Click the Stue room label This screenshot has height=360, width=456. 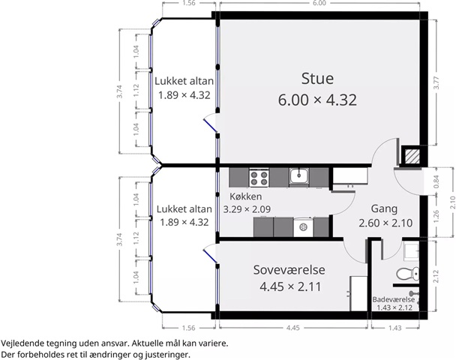[317, 79]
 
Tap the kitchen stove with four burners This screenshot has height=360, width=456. [259, 178]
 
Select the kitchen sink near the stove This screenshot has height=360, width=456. [299, 176]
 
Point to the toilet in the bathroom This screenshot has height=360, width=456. [408, 274]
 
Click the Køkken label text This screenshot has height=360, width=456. [246, 196]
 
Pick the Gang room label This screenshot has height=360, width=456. [384, 208]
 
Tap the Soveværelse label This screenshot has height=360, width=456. [289, 270]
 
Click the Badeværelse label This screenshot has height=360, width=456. [394, 299]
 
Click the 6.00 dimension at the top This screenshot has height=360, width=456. [319, 3]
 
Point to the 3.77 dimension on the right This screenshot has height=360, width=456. [436, 82]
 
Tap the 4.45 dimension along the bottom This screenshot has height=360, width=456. [292, 328]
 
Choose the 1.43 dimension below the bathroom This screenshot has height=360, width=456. [395, 328]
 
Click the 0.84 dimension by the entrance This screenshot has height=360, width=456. [436, 181]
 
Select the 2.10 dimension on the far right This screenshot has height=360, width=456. [452, 202]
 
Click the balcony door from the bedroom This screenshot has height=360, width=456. [210, 253]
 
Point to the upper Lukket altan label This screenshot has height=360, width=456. [184, 81]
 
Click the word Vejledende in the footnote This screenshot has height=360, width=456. [22, 343]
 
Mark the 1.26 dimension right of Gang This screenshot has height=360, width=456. [436, 217]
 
